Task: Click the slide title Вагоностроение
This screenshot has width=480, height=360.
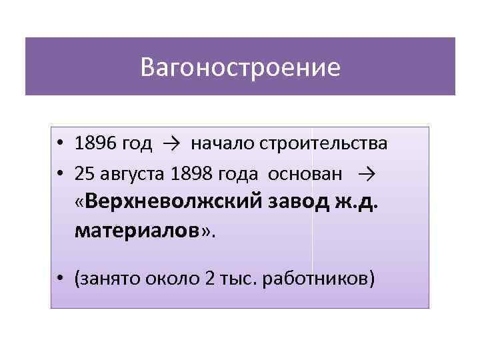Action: point(240,67)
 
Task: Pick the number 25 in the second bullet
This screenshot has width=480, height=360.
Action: point(84,174)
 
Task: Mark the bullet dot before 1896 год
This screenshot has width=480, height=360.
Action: point(60,144)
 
